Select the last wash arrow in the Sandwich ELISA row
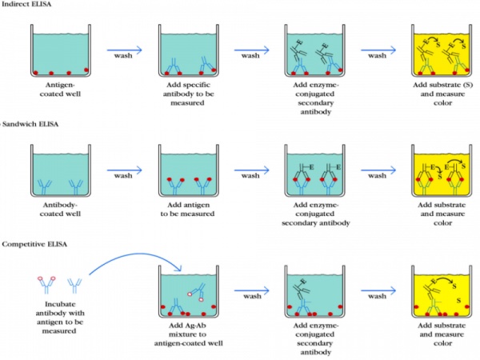click(x=379, y=169)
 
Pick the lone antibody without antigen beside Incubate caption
click(x=76, y=283)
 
